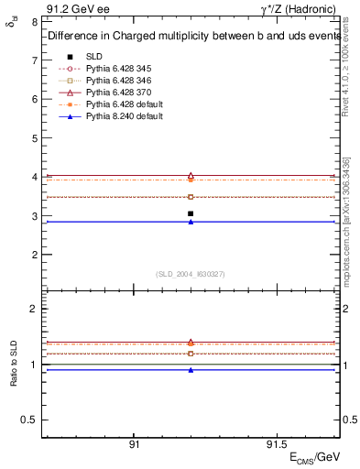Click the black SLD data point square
tap(191, 213)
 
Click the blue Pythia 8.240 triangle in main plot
tap(191, 222)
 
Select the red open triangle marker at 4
tap(191, 175)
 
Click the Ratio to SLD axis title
tap(14, 377)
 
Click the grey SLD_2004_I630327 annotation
tap(190, 274)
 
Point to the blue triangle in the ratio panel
tap(191, 370)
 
